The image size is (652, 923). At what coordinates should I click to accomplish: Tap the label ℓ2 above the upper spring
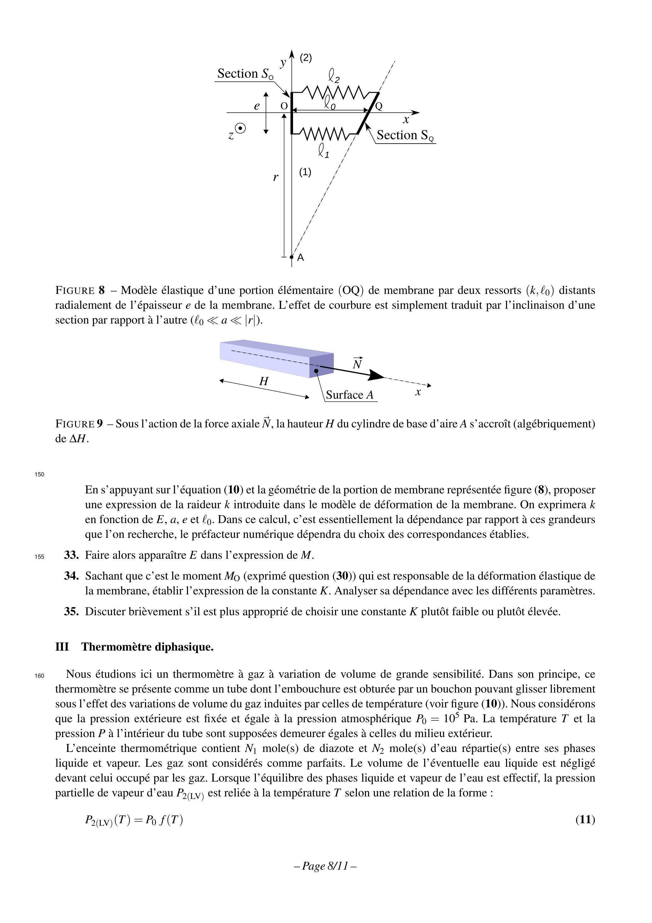click(x=334, y=75)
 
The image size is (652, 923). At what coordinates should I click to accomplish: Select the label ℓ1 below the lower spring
click(x=324, y=151)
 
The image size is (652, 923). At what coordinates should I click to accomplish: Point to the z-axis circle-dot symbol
click(x=240, y=129)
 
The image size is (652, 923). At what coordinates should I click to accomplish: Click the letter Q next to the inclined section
click(x=379, y=106)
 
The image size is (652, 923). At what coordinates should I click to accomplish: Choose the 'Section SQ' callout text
click(x=405, y=135)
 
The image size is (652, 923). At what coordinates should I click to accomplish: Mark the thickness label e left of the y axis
click(x=257, y=106)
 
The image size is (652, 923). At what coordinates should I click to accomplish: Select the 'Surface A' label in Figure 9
click(x=349, y=395)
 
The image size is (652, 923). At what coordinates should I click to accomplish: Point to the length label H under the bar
click(x=264, y=381)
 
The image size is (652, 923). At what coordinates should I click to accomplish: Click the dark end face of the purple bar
click(x=321, y=366)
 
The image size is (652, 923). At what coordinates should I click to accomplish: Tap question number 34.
click(x=71, y=576)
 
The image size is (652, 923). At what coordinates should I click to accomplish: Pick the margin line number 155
click(x=39, y=557)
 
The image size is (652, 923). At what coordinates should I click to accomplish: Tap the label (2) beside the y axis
click(x=306, y=58)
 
